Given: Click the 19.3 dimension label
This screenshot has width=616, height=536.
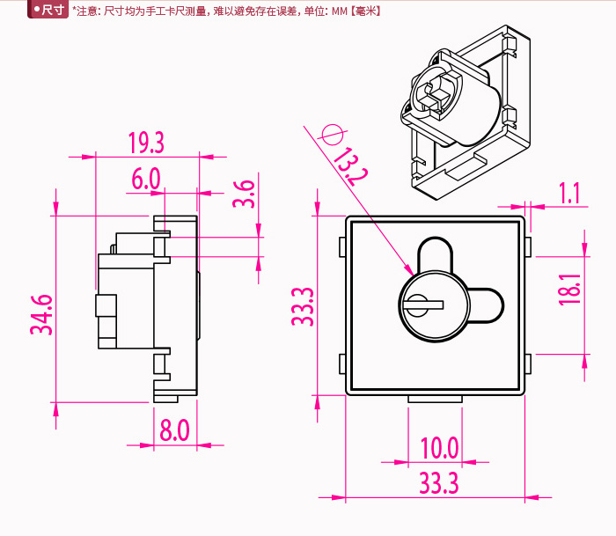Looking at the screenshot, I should pos(146,142).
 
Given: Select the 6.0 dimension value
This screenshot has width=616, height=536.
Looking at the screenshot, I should pos(146,179).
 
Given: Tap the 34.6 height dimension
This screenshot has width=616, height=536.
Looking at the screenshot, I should pos(41,314).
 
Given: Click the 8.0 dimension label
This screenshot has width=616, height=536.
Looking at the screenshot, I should pos(174,430).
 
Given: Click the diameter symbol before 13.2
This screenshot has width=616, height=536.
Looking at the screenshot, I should pos(331,135).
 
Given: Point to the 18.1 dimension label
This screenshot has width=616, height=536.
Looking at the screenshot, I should pos(569,290).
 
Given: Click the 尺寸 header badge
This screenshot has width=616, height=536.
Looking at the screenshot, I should pos(48,11).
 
